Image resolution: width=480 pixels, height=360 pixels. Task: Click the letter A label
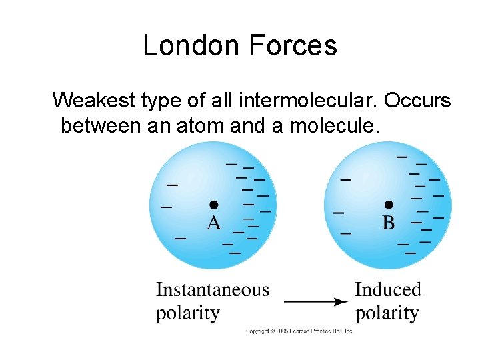(213, 223)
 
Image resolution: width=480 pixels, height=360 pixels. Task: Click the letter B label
(388, 223)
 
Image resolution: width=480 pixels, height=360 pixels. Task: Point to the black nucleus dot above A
(213, 204)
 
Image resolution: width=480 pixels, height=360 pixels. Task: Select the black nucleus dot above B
(389, 204)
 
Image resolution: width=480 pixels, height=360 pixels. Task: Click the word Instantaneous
(213, 290)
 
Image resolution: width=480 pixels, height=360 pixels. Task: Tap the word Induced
(388, 290)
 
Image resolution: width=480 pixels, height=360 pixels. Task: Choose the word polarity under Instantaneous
(187, 313)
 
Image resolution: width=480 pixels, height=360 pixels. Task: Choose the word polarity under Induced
(387, 313)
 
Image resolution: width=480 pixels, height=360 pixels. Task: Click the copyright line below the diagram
(299, 331)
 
